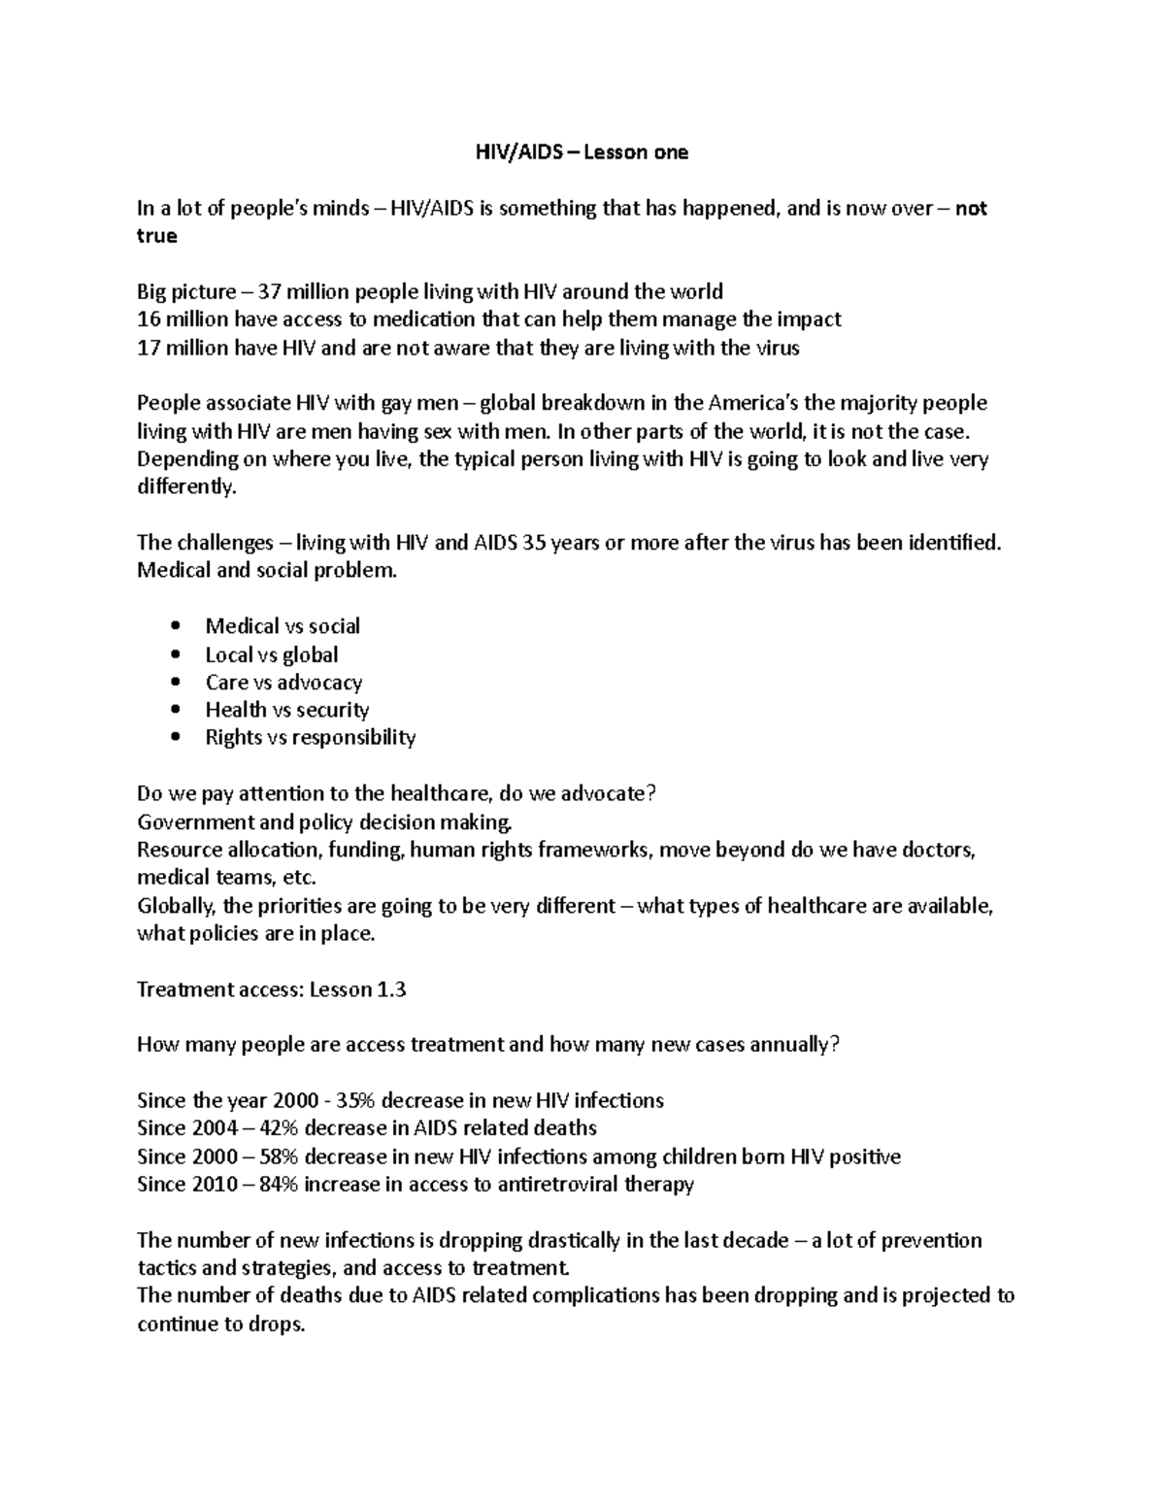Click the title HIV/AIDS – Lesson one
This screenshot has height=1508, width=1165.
581,152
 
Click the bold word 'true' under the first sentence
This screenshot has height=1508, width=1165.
157,236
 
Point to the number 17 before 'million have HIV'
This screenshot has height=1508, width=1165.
148,348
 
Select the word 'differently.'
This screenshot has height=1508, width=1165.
186,487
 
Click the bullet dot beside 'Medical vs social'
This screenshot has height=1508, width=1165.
175,626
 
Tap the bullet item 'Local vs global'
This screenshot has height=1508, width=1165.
272,654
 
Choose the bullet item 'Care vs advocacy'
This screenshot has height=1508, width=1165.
283,683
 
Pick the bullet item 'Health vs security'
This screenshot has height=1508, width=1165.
287,710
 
